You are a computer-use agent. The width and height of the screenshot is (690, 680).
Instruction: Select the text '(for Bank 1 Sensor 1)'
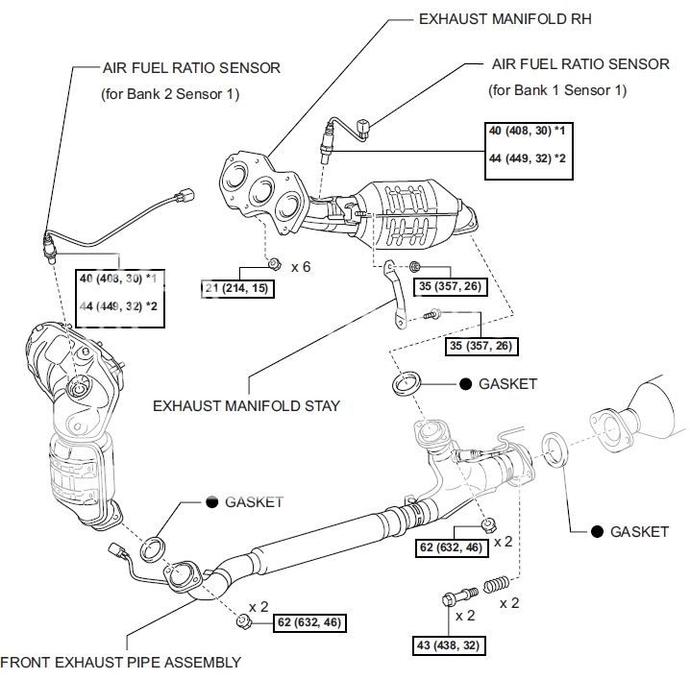point(556,90)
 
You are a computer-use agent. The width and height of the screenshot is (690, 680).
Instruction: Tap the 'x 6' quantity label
point(300,266)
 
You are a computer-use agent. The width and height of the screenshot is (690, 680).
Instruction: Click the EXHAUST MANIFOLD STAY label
point(246,406)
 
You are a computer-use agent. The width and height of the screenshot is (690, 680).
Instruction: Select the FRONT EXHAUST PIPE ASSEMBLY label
point(120,662)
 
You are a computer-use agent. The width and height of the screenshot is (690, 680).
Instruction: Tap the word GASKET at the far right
point(639,531)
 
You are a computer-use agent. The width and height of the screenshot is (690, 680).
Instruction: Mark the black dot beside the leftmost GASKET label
point(211,501)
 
